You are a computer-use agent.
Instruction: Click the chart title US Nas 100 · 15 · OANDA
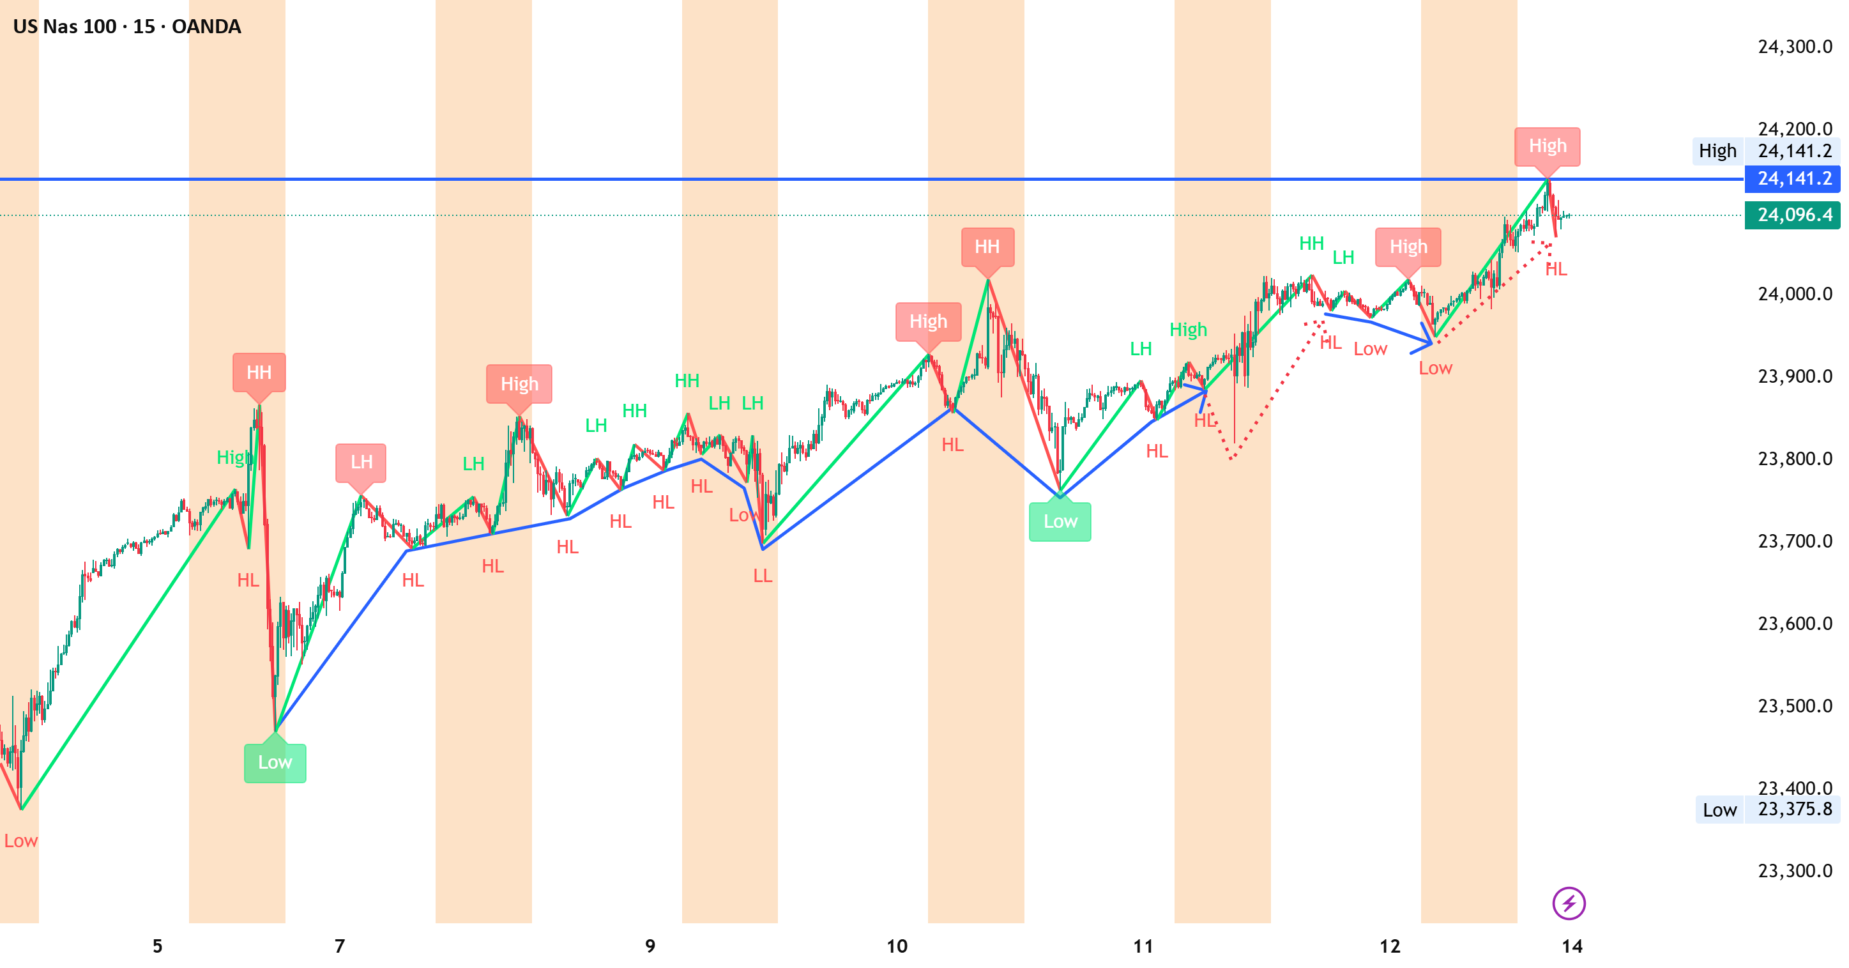(x=127, y=27)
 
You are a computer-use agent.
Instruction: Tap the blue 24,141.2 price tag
(x=1792, y=178)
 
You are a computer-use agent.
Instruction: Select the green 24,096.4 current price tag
(x=1792, y=215)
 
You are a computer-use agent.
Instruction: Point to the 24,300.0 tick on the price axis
(x=1795, y=47)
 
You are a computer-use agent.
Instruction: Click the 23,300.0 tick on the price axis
(x=1795, y=870)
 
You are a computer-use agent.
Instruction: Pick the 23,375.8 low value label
(x=1795, y=810)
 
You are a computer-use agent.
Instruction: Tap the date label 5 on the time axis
(x=157, y=946)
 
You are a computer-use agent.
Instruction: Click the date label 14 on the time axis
(x=1572, y=946)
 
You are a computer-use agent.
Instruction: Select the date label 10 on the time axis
(x=897, y=946)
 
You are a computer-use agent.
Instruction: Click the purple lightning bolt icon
(x=1569, y=903)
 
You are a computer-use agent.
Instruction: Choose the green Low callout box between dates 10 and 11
(x=1060, y=521)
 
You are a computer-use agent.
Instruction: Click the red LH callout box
(x=361, y=463)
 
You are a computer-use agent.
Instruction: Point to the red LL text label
(x=763, y=576)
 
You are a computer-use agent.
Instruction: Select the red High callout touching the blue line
(x=1548, y=146)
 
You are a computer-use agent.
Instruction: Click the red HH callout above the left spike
(x=259, y=373)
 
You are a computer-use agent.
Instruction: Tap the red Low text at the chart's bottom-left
(x=21, y=841)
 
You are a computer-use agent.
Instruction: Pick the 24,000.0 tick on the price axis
(x=1795, y=294)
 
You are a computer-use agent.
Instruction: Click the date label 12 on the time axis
(x=1390, y=946)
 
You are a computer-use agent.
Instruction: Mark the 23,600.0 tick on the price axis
(x=1795, y=624)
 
